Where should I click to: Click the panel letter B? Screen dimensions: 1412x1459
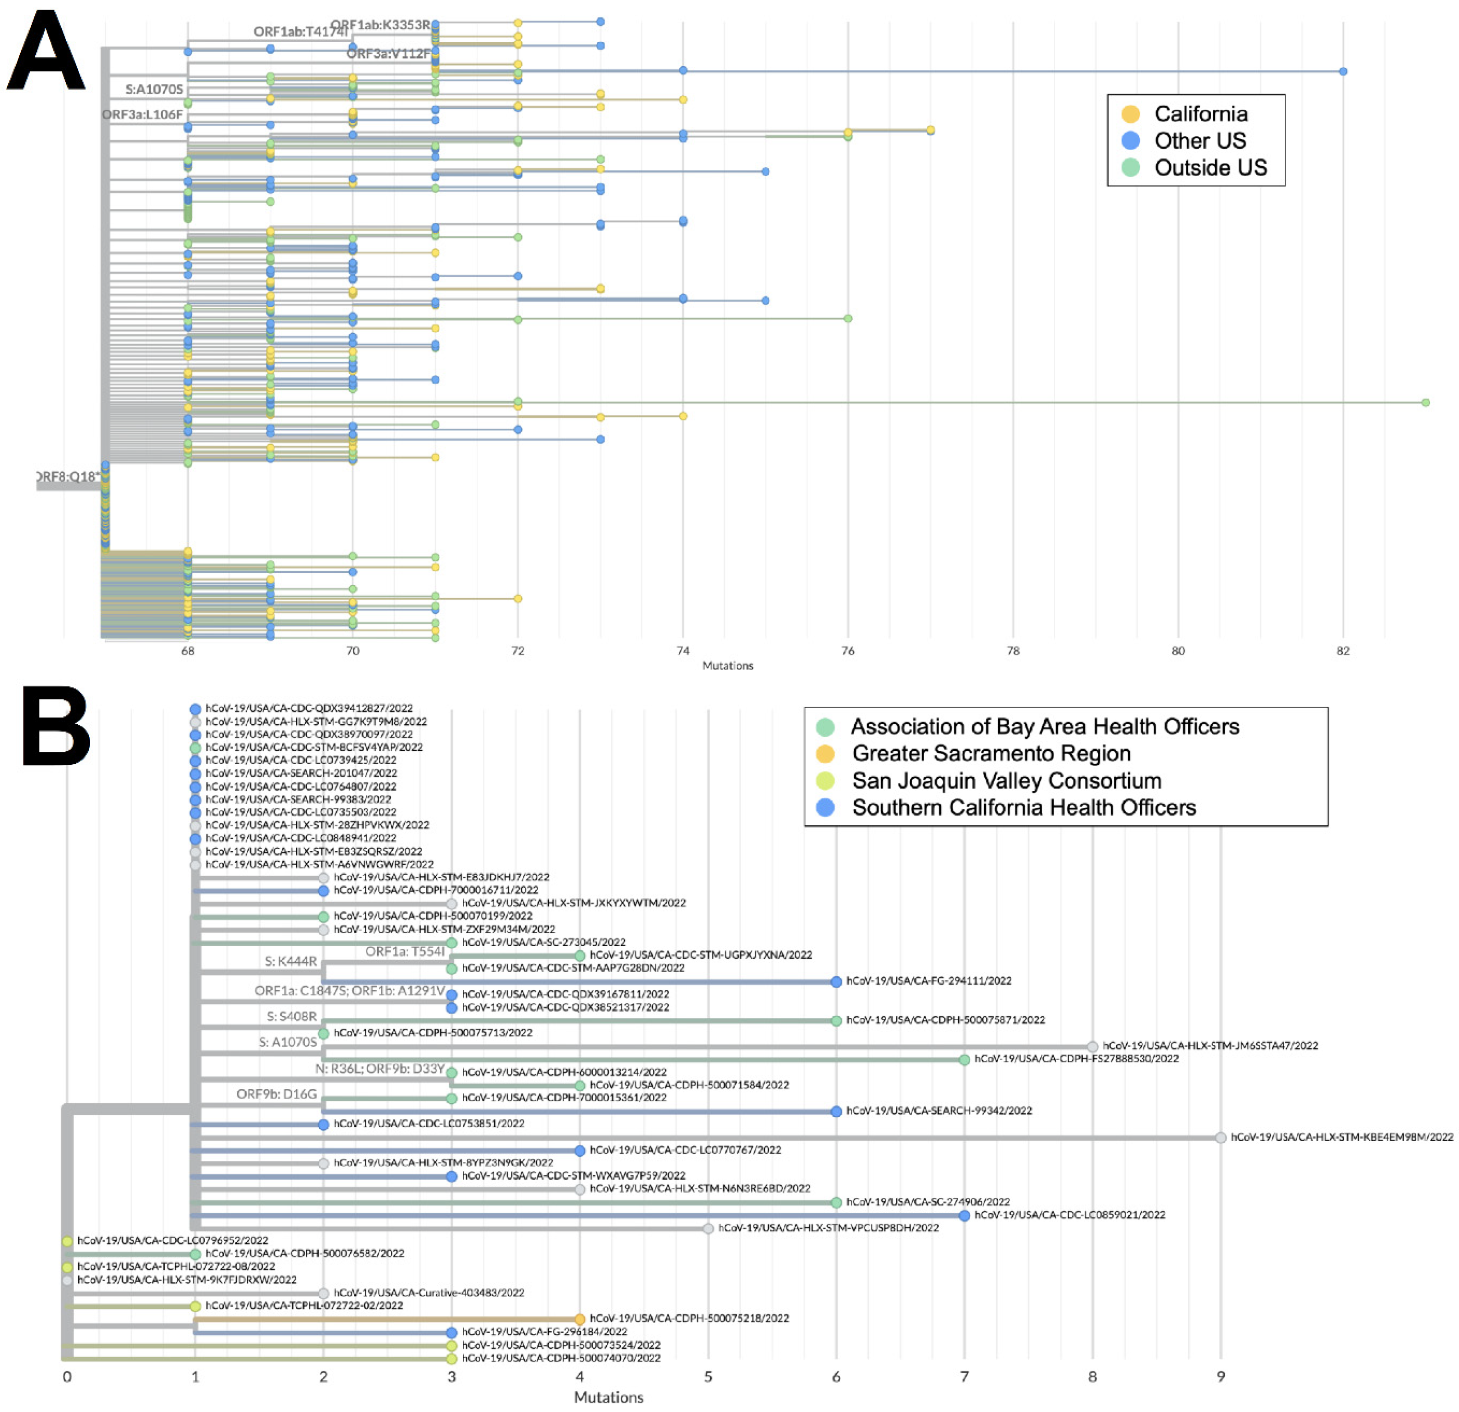56,726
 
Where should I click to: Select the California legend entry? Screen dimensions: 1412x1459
1200,114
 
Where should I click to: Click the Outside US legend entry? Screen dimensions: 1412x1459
1210,168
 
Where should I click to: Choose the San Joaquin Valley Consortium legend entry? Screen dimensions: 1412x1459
1006,781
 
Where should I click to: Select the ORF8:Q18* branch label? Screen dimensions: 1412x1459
69,476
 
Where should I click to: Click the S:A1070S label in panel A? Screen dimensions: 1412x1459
154,89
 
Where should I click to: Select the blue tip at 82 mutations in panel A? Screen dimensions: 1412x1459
1343,72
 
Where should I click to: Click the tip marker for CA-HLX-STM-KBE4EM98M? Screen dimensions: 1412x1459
1221,1137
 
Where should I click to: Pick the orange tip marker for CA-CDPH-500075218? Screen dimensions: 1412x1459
580,1319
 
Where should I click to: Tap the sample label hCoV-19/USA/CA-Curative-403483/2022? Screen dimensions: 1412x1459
429,1293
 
